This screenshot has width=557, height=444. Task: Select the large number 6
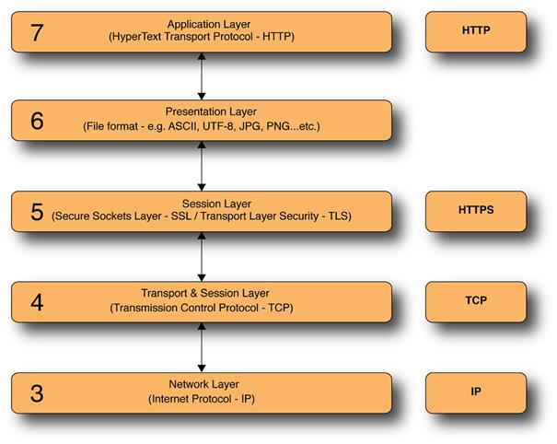(x=37, y=120)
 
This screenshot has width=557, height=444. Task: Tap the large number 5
(x=37, y=211)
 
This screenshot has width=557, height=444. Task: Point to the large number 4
(x=37, y=302)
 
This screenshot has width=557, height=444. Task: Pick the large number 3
(x=37, y=393)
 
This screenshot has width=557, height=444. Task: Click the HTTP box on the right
(x=476, y=30)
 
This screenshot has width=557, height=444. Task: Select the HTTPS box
(x=476, y=210)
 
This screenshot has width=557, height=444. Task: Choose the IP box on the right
(x=476, y=392)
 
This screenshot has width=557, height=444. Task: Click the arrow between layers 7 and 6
(x=201, y=76)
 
